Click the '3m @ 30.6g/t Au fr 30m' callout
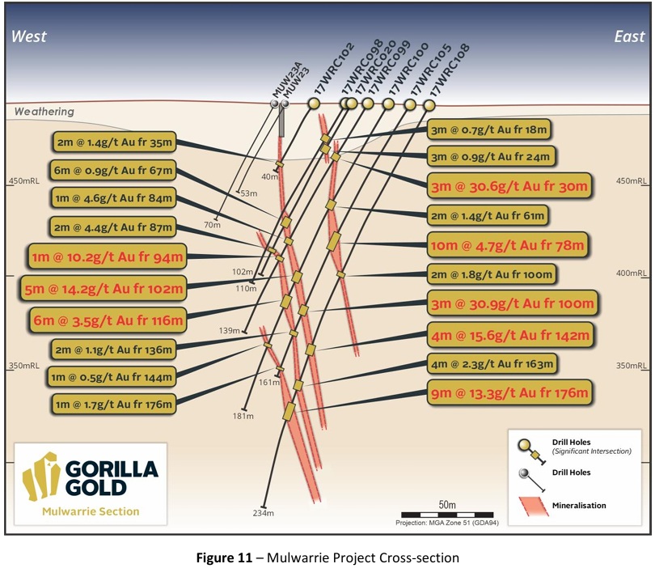pos(511,185)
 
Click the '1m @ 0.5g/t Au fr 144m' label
pos(115,376)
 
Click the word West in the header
pos(29,36)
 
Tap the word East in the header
pos(629,36)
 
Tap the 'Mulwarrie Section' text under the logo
pos(91,511)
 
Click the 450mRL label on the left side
pos(23,182)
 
